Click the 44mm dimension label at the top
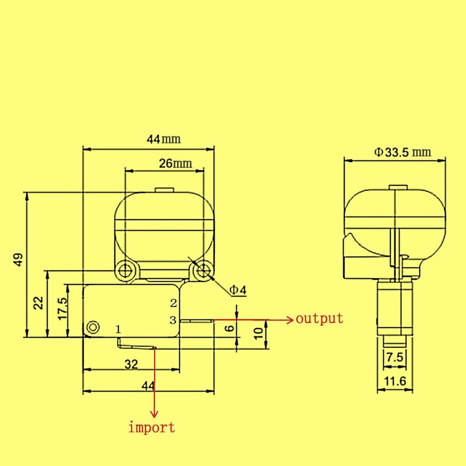click(163, 139)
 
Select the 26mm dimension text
click(175, 163)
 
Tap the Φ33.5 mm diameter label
click(403, 152)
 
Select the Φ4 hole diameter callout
click(237, 290)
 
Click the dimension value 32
click(131, 364)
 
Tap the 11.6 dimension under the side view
click(395, 381)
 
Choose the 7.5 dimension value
click(395, 358)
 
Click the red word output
click(319, 318)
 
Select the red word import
click(152, 427)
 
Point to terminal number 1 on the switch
click(118, 329)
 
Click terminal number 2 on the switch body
click(173, 303)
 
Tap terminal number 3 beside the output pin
click(173, 320)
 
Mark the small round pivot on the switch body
click(93, 327)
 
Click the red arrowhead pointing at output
click(289, 320)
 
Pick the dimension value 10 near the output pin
click(258, 333)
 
